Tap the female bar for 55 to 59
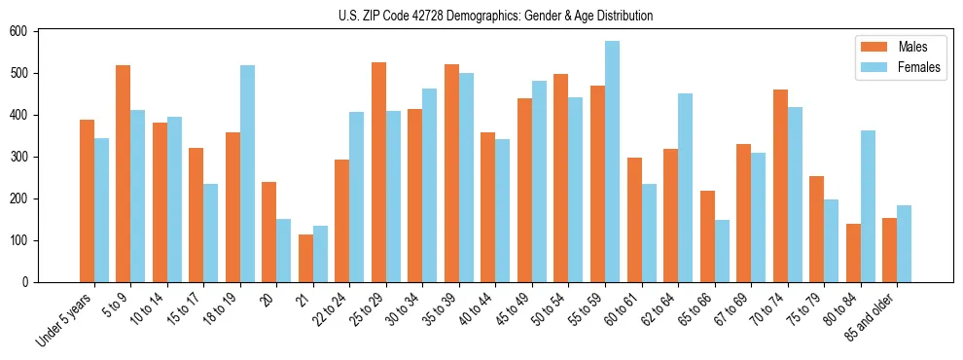click(x=612, y=162)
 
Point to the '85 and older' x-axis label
click(x=870, y=316)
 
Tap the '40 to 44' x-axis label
click(x=469, y=309)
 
